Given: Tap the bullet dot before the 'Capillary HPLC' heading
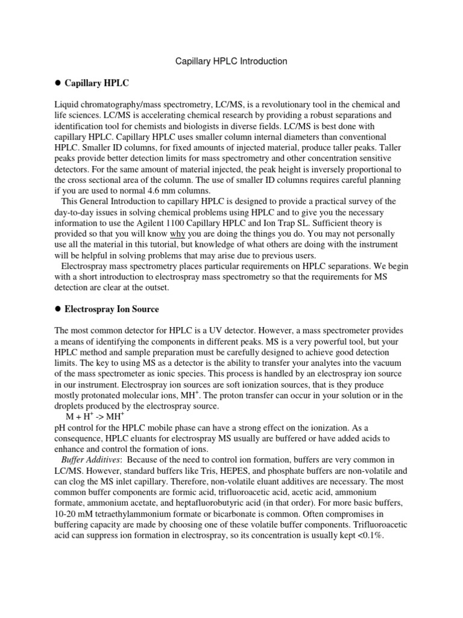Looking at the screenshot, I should (x=58, y=83).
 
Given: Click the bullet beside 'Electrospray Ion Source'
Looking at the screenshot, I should (x=58, y=309).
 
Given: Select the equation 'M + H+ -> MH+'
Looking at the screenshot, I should (x=95, y=416).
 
